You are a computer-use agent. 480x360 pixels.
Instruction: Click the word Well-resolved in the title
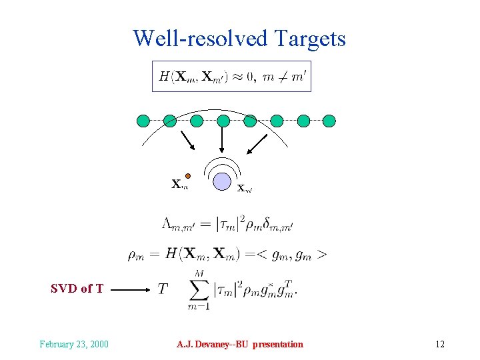point(198,39)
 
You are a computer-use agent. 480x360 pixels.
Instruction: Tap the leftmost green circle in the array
point(143,121)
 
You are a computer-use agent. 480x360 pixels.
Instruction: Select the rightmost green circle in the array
point(330,121)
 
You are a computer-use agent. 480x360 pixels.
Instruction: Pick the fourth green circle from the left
point(223,121)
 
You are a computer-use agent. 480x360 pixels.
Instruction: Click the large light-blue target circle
point(222,181)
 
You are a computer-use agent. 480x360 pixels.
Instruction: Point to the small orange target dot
point(188,176)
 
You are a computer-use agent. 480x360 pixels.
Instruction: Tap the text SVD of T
point(77,289)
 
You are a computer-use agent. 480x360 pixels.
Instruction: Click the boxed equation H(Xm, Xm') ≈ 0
point(232,77)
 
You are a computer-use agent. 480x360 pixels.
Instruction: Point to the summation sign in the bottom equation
point(198,290)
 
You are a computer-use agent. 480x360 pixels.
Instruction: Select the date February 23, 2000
point(74,344)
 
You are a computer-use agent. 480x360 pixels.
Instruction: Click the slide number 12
point(439,344)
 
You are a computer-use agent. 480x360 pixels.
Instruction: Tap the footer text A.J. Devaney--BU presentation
point(240,344)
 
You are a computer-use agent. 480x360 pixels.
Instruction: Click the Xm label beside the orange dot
point(179,184)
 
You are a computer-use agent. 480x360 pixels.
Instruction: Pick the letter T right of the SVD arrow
point(162,289)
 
